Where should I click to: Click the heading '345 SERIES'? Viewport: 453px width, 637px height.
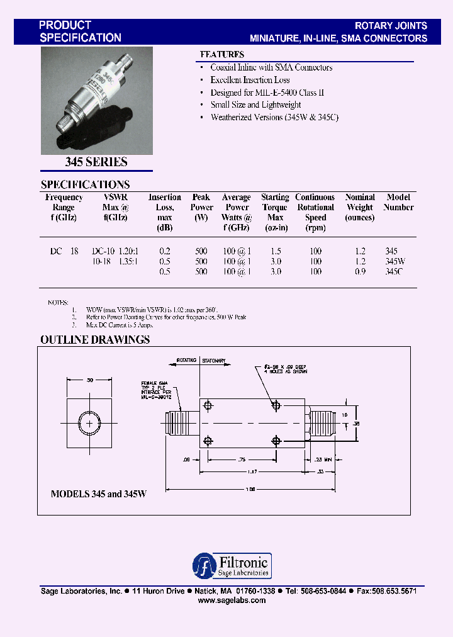pyautogui.click(x=96, y=162)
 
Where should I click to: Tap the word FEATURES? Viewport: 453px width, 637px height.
pyautogui.click(x=221, y=55)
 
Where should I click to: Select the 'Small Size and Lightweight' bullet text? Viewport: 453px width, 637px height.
pyautogui.click(x=255, y=105)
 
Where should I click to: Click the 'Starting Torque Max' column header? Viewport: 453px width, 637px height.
pyautogui.click(x=275, y=207)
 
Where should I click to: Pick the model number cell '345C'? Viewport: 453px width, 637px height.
pyautogui.click(x=393, y=272)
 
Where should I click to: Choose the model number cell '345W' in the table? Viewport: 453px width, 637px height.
pyautogui.click(x=394, y=261)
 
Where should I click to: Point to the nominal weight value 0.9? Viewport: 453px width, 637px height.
pyautogui.click(x=360, y=272)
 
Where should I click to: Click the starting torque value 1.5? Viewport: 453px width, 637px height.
pyautogui.click(x=275, y=251)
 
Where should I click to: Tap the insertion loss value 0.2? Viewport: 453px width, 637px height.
pyautogui.click(x=165, y=251)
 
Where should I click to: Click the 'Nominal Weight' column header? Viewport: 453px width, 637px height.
pyautogui.click(x=360, y=207)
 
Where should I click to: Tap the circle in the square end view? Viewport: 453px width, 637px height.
pyautogui.click(x=90, y=424)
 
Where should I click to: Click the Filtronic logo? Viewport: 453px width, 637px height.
pyautogui.click(x=231, y=565)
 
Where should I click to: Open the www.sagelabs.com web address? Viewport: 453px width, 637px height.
pyautogui.click(x=232, y=600)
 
